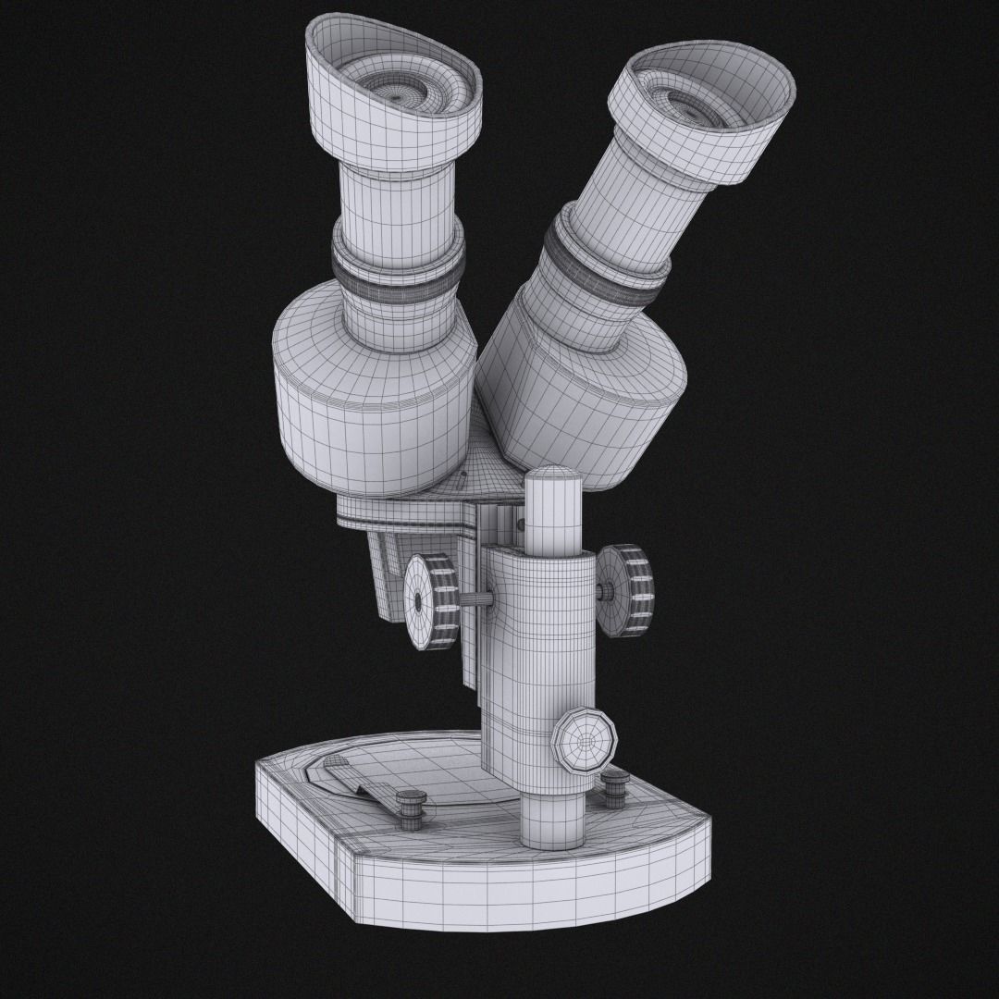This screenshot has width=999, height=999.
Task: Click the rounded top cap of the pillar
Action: point(553,481)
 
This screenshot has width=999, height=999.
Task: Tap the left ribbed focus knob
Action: point(433,601)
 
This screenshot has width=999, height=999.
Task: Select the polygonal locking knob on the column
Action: point(585,739)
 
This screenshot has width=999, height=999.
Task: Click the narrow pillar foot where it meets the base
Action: point(553,819)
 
